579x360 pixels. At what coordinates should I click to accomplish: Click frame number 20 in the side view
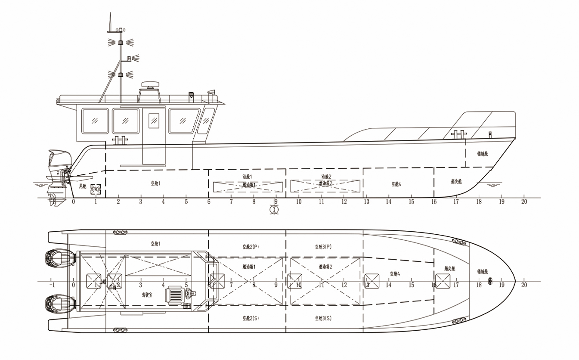coord(524,202)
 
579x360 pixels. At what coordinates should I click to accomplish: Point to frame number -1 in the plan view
coord(52,285)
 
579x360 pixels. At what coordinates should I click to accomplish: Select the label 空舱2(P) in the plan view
coord(251,247)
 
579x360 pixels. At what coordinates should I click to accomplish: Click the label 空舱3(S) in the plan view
coord(323,318)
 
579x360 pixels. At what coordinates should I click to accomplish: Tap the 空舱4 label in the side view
coord(396,184)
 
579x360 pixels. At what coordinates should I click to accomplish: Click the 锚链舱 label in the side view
coord(482,154)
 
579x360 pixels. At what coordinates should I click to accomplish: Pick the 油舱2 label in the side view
coord(326,177)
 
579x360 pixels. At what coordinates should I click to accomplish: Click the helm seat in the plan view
coord(176,295)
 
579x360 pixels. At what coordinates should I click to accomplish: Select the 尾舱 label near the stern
coord(82,186)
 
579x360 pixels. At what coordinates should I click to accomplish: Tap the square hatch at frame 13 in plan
coord(372,281)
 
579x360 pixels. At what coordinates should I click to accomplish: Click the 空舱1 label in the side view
coord(155,183)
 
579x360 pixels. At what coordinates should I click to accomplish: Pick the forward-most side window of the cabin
coord(208,121)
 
